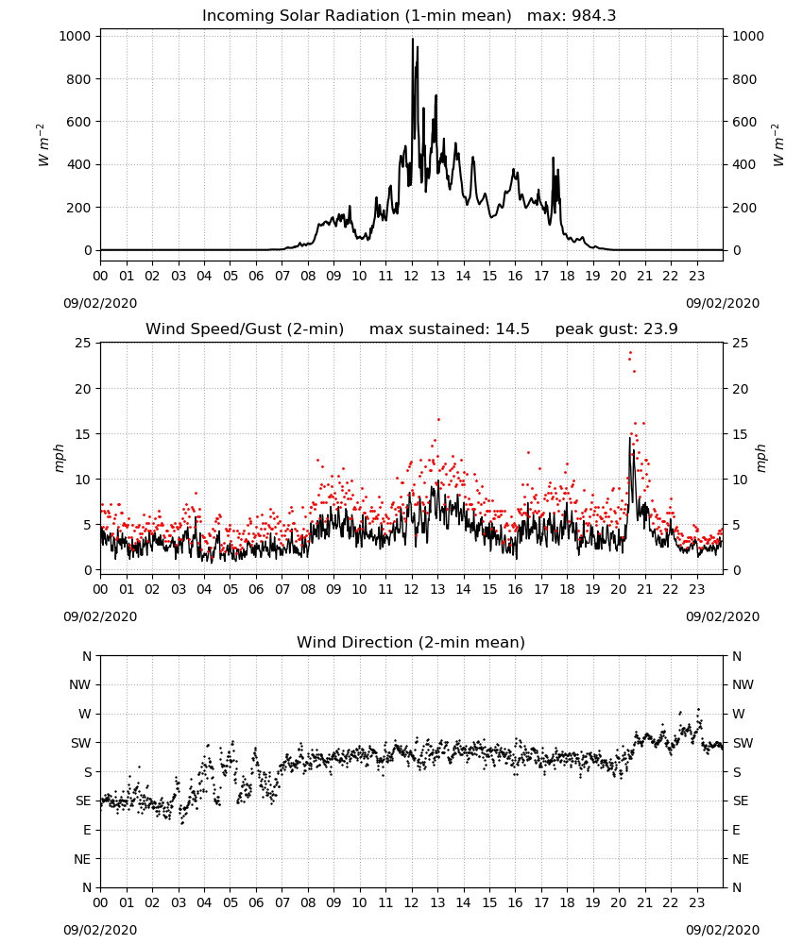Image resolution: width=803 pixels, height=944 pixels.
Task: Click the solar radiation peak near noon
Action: pyautogui.click(x=413, y=40)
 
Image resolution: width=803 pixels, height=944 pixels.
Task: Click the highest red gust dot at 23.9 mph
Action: pyautogui.click(x=631, y=353)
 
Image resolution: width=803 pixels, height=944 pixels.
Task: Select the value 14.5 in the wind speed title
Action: pyautogui.click(x=513, y=329)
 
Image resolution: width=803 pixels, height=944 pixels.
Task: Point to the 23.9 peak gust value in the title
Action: pyautogui.click(x=660, y=329)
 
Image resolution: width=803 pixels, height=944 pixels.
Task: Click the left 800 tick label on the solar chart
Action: pyautogui.click(x=78, y=79)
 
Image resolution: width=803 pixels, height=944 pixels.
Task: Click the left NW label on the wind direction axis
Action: pyautogui.click(x=80, y=684)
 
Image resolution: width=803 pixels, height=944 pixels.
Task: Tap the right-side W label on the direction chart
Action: pyautogui.click(x=739, y=714)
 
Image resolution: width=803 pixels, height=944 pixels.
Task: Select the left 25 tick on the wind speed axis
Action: pyautogui.click(x=84, y=344)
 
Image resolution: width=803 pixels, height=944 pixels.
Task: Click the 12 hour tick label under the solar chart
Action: pyautogui.click(x=412, y=277)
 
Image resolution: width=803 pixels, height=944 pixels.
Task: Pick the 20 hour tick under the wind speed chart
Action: pyautogui.click(x=619, y=589)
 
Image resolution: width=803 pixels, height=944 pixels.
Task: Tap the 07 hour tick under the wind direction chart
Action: pyautogui.click(x=282, y=902)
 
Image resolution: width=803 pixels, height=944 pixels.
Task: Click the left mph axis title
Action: pyautogui.click(x=59, y=458)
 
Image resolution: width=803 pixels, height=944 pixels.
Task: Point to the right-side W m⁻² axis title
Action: pyautogui.click(x=777, y=145)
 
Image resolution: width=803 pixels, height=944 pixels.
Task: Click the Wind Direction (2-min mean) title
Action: pyautogui.click(x=411, y=642)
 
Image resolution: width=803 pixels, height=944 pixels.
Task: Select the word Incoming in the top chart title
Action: pyautogui.click(x=233, y=16)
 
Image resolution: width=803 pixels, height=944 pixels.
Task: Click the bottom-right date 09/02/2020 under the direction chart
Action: pyautogui.click(x=723, y=930)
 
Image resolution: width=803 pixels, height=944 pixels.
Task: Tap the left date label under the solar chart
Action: pyautogui.click(x=100, y=303)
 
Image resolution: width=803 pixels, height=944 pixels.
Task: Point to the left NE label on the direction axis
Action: pyautogui.click(x=82, y=859)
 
